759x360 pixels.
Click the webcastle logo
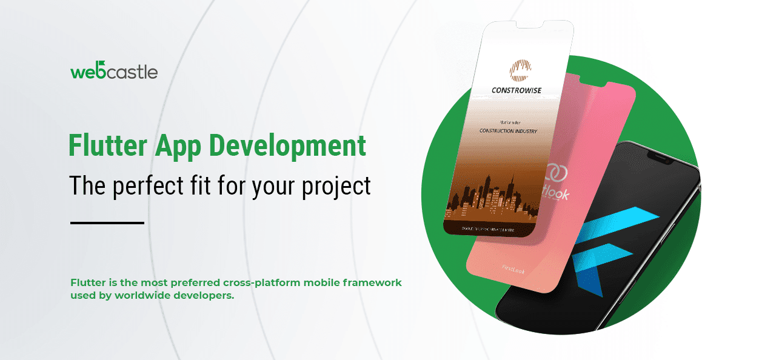pyautogui.click(x=114, y=71)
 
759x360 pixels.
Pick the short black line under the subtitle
pyautogui.click(x=107, y=223)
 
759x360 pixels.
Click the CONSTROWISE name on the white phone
pyautogui.click(x=516, y=91)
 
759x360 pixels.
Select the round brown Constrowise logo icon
pyautogui.click(x=519, y=70)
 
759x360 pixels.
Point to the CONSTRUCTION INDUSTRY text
pyautogui.click(x=508, y=130)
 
